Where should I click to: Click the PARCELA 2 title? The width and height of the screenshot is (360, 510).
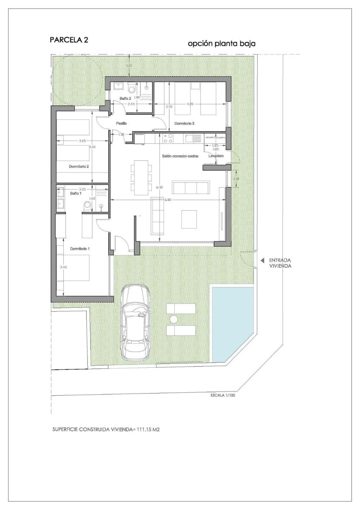click(69, 40)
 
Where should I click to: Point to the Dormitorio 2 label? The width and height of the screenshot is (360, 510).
click(79, 167)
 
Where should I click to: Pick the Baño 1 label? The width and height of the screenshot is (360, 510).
click(75, 193)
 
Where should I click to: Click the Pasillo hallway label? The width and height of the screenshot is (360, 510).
click(122, 124)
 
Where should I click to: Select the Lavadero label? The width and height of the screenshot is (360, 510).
click(216, 156)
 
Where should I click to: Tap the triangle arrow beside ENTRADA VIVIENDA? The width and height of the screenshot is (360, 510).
click(263, 260)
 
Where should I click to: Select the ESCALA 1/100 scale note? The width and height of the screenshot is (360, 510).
click(222, 395)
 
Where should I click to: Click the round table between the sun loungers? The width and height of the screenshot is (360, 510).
click(173, 319)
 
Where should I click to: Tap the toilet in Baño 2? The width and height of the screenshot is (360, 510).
click(132, 89)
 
